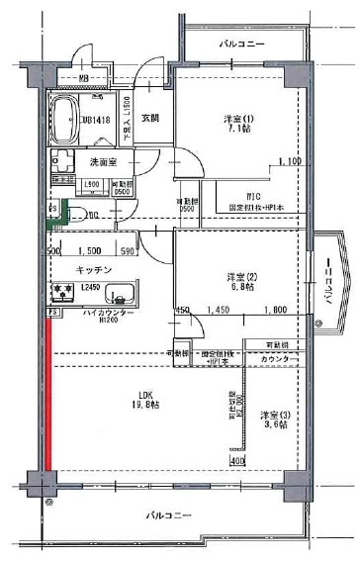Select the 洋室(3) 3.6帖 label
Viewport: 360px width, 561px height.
(x=274, y=420)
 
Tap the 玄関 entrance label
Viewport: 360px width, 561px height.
(x=149, y=118)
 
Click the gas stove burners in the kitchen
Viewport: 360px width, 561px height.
(x=64, y=292)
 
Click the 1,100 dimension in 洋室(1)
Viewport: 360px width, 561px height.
(x=289, y=161)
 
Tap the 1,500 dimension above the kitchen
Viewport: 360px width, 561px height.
(x=89, y=251)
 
